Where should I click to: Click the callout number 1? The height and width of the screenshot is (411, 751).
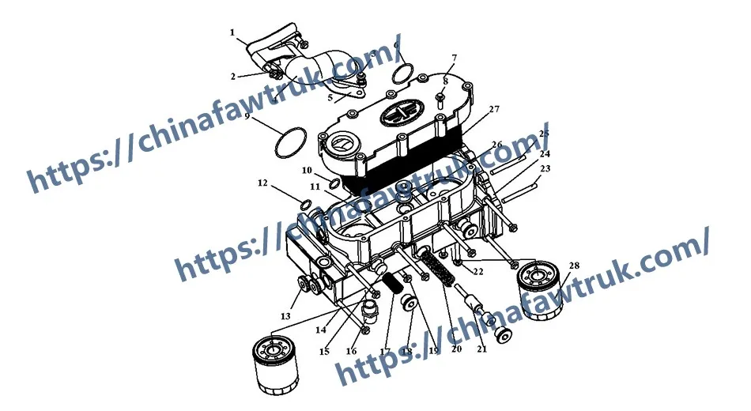232,33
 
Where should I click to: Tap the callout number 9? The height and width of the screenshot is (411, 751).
247,116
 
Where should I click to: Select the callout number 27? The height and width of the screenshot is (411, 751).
494,109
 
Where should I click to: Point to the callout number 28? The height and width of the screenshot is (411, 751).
574,266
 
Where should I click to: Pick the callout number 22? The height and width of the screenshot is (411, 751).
477,272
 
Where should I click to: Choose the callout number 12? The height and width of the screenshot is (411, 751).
262,183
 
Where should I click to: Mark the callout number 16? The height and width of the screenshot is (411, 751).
352,350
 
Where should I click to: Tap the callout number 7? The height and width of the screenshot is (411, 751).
454,58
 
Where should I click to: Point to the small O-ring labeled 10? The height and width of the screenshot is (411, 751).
334,184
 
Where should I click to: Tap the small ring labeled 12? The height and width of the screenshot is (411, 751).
305,207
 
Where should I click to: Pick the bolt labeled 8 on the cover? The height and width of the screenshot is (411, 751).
441,97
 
